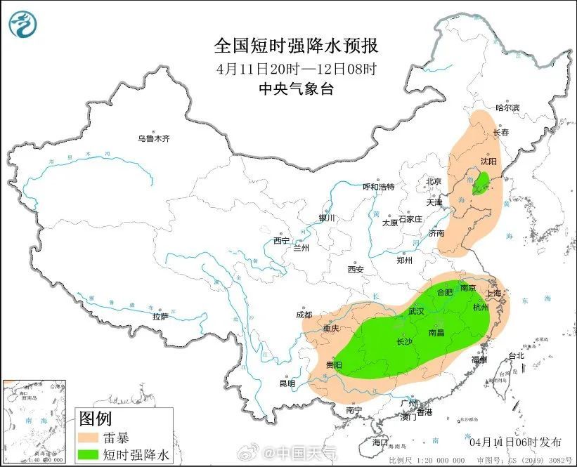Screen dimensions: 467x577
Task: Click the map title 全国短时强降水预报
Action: click(296, 46)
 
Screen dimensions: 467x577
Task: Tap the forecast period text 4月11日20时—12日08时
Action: click(296, 69)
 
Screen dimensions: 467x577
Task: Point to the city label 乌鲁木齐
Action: click(153, 138)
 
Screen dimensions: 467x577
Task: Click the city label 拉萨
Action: click(160, 316)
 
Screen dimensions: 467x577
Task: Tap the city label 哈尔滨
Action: click(507, 107)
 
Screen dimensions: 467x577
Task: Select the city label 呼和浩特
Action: click(378, 187)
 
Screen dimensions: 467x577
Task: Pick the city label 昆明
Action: click(287, 383)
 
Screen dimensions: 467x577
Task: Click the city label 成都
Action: click(304, 315)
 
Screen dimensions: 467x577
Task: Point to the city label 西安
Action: click(355, 269)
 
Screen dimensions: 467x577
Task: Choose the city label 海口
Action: click(380, 442)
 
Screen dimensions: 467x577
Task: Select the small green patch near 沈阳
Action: click(481, 184)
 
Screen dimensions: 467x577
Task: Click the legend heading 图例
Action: click(95, 419)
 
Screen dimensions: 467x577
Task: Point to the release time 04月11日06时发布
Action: click(515, 442)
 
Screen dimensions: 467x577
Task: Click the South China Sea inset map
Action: click(35, 422)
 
